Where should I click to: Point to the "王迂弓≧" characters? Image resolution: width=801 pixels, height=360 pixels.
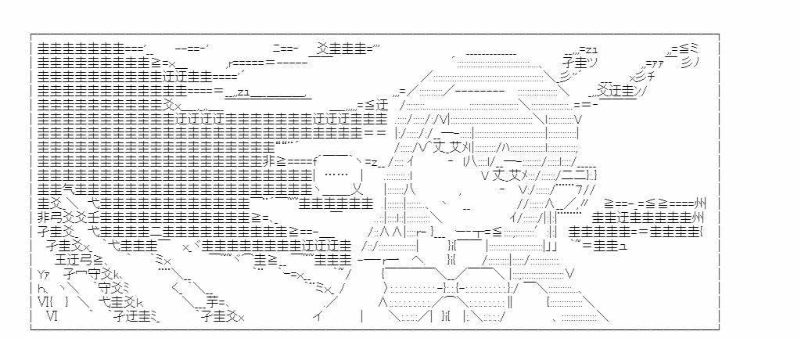click(x=81, y=259)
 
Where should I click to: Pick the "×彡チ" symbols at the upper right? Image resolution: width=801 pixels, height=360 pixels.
click(x=641, y=76)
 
